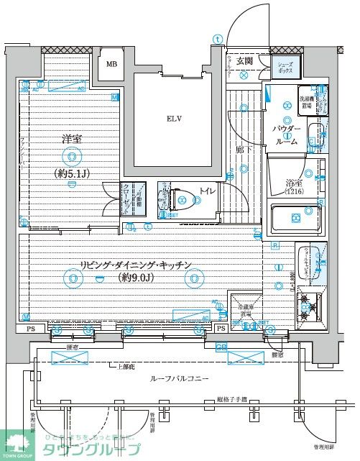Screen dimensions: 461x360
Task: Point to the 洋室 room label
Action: click(x=70, y=138)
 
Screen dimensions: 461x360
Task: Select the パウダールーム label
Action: click(x=287, y=134)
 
